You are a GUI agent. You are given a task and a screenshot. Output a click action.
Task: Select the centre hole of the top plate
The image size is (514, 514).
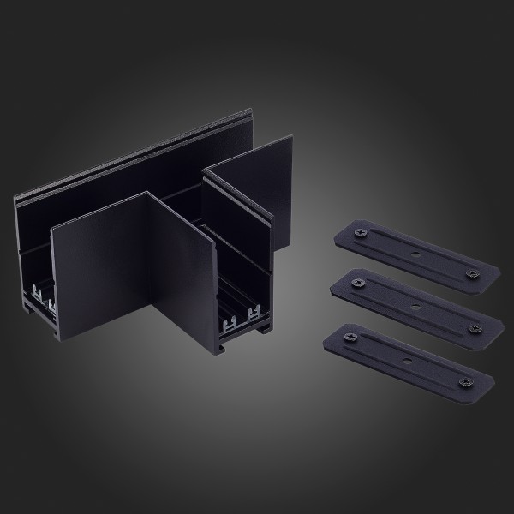point(415,254)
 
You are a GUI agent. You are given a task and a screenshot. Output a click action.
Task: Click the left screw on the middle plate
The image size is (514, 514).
point(356,279)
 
